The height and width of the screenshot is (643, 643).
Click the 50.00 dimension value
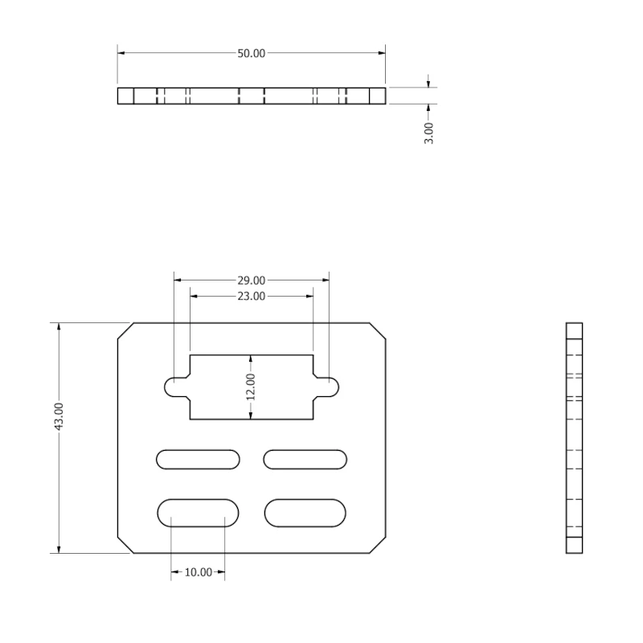coord(252,53)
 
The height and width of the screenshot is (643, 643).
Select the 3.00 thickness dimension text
coord(428,133)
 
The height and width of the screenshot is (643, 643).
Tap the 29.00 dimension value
coord(252,281)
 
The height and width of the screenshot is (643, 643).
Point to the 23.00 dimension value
coord(252,296)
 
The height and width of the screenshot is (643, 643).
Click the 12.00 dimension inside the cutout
coord(251,387)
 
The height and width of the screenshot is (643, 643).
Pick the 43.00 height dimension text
coord(59,416)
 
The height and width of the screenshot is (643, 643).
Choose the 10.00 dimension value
coord(198,572)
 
